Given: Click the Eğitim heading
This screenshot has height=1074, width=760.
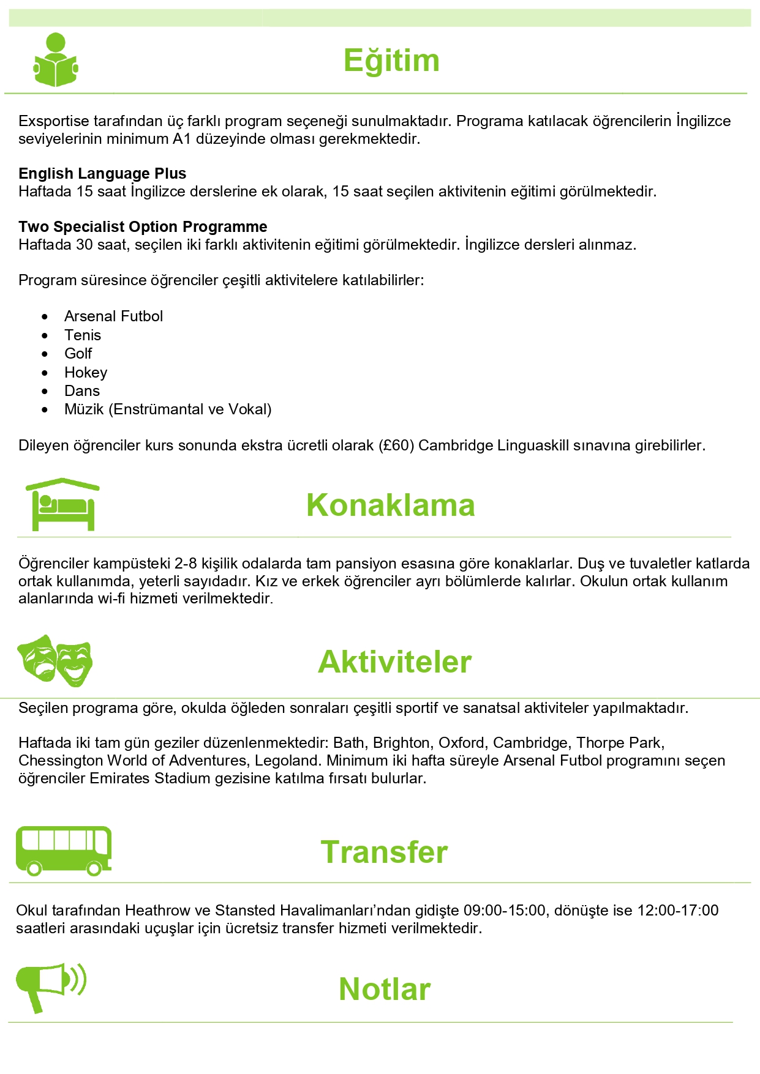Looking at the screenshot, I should click(x=391, y=61).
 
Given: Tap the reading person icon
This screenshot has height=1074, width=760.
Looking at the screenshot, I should click(x=56, y=60).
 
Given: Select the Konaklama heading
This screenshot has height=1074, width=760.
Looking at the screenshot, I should click(x=391, y=505).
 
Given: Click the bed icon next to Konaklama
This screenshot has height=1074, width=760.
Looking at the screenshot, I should click(x=62, y=504).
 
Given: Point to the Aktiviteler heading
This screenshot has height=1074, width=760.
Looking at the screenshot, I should click(x=394, y=662).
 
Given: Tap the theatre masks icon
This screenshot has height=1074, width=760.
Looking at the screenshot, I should click(x=55, y=660).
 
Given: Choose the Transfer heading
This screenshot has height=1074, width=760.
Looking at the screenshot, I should click(x=384, y=852).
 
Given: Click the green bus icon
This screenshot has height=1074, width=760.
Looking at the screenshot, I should click(x=64, y=851).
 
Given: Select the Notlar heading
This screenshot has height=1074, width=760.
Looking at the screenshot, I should click(x=385, y=989).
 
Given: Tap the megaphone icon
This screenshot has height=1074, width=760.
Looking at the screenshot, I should click(x=50, y=986).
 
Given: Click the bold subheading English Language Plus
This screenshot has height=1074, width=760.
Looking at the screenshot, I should click(x=102, y=174).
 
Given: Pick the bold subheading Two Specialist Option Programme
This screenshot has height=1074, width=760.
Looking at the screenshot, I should click(x=143, y=227).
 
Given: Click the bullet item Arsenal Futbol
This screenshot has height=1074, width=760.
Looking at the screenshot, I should click(x=114, y=316).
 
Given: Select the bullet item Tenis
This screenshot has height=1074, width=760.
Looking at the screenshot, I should click(x=83, y=335).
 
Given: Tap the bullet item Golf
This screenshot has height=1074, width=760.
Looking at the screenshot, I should click(x=78, y=354).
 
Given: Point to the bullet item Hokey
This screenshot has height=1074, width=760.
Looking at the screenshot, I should click(x=86, y=373).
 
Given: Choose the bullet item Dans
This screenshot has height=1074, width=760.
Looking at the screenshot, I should click(x=82, y=391).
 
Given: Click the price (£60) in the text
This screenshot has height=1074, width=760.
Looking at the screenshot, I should click(x=396, y=446).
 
